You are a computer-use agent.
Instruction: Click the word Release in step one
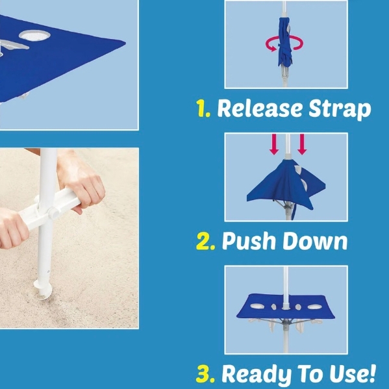click(260, 108)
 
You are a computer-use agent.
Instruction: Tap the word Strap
click(340, 109)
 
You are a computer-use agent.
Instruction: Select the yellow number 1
click(203, 108)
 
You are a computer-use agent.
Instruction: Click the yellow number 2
click(205, 241)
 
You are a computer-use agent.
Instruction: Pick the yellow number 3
click(205, 373)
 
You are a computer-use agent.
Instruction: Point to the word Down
click(315, 241)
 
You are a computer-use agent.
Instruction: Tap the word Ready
click(257, 374)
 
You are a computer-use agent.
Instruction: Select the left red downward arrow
click(274, 144)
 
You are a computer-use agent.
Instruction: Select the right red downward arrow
click(302, 144)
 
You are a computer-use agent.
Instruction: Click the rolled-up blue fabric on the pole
click(284, 42)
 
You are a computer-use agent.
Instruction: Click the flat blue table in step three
click(285, 307)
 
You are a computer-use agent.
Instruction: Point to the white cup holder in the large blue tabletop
click(34, 36)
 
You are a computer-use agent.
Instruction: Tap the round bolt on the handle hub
click(54, 214)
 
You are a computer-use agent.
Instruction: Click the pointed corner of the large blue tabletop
click(125, 44)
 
